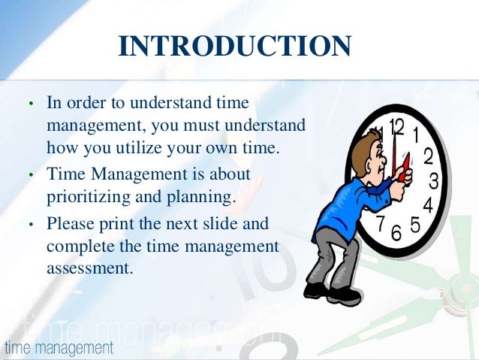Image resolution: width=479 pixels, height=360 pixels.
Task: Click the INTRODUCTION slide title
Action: point(234,47)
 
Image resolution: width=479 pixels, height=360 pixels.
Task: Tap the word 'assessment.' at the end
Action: point(89,267)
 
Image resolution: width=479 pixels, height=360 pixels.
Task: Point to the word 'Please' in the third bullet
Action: point(68,223)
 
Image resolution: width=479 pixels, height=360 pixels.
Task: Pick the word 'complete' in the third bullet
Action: point(76,246)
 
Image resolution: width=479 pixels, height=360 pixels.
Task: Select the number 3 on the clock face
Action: point(434,181)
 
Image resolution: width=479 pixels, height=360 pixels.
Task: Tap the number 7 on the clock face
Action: point(381,223)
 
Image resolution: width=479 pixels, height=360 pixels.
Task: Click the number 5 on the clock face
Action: point(414,225)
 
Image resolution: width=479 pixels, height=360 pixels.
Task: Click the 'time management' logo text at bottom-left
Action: point(59,348)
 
